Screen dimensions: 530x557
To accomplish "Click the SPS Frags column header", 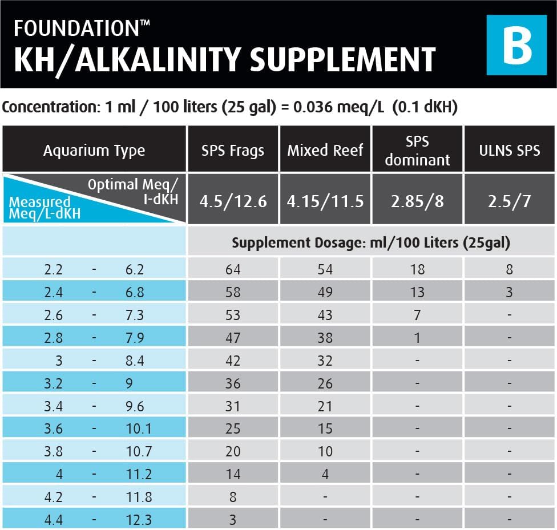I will click(x=233, y=151).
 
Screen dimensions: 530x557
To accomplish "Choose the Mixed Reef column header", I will click(x=325, y=151).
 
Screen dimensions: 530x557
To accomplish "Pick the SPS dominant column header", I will click(x=417, y=151).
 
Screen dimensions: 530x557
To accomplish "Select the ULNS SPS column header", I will click(x=509, y=151).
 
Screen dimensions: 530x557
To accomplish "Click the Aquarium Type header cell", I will click(x=94, y=151).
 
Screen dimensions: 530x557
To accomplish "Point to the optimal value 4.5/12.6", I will click(x=233, y=201).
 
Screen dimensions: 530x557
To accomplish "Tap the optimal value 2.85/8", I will click(x=417, y=201).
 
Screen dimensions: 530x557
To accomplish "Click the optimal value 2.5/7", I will click(x=509, y=201).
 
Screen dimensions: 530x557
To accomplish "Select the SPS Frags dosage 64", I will click(x=233, y=269).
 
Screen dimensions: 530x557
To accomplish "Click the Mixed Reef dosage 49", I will click(x=325, y=292).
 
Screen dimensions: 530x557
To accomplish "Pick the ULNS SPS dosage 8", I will click(x=509, y=269).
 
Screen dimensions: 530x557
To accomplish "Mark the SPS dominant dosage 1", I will click(x=417, y=338).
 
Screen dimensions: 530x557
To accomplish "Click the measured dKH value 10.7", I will click(x=139, y=451).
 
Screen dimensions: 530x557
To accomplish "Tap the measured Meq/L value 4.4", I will click(x=55, y=520).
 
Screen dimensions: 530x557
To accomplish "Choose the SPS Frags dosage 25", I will click(x=233, y=428).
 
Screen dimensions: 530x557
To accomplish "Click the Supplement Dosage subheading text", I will click(x=370, y=242).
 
